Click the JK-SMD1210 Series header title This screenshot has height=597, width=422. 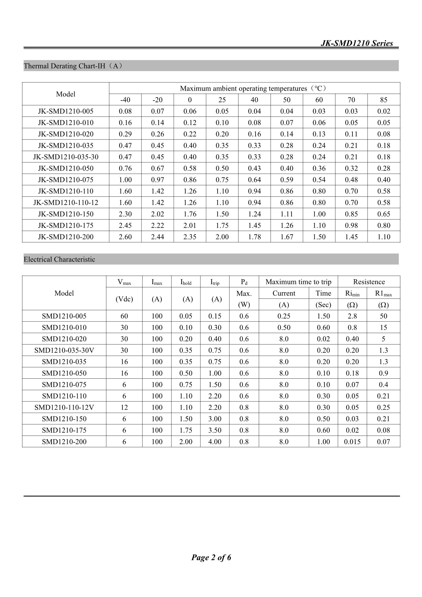(x=357, y=43)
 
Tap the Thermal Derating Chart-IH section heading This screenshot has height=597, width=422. (x=73, y=66)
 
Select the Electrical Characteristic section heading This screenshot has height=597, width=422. (x=59, y=259)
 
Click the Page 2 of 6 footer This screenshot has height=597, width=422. (x=211, y=557)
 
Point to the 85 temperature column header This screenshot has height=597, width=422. (x=383, y=100)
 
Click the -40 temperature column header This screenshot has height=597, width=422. (x=125, y=100)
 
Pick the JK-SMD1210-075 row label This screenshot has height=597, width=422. (x=66, y=180)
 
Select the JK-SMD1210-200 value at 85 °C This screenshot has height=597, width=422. (x=383, y=237)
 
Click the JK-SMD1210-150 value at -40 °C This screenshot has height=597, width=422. (x=125, y=214)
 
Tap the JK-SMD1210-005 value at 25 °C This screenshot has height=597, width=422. (x=222, y=111)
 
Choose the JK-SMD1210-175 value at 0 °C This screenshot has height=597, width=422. (x=190, y=225)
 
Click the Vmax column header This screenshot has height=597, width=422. (x=124, y=282)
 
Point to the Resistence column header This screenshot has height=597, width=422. (x=369, y=282)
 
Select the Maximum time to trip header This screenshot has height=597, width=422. (x=298, y=282)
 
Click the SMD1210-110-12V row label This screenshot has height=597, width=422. (x=64, y=408)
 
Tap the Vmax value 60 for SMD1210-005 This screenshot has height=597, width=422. (x=124, y=316)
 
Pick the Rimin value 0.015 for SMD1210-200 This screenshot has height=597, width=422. (x=352, y=442)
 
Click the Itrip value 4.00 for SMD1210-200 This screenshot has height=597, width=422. (x=215, y=442)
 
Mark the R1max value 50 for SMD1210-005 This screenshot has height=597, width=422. (x=383, y=316)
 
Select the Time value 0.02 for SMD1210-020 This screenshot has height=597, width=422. (x=323, y=339)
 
